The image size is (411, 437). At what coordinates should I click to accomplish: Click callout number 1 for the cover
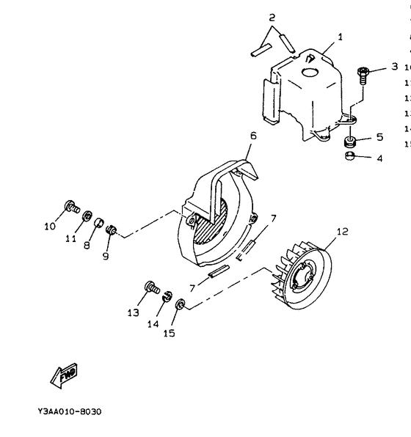pyautogui.click(x=339, y=36)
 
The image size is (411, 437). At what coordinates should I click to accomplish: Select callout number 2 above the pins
pyautogui.click(x=272, y=17)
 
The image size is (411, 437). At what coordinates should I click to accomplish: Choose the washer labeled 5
pyautogui.click(x=351, y=139)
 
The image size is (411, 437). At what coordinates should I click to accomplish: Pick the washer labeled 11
pyautogui.click(x=87, y=217)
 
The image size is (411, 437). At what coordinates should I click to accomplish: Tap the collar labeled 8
pyautogui.click(x=100, y=224)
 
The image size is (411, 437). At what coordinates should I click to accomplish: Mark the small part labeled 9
pyautogui.click(x=112, y=232)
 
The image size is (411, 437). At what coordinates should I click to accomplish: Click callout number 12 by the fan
pyautogui.click(x=341, y=232)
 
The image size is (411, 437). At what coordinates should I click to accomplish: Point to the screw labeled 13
pyautogui.click(x=153, y=287)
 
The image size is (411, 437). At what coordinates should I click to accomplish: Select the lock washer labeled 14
pyautogui.click(x=167, y=296)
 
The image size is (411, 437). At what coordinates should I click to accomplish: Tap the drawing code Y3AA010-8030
pyautogui.click(x=69, y=411)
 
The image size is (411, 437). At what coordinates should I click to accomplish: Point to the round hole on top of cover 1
pyautogui.click(x=306, y=72)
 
